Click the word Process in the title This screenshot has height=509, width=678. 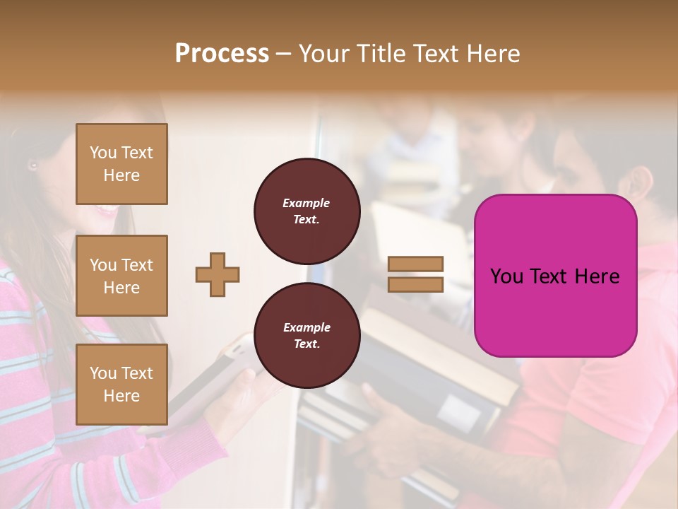coord(222,54)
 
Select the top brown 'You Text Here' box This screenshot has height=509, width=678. coord(121,164)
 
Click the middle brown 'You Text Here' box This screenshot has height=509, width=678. coord(121,276)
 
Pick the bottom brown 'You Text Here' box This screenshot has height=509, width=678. coord(121,384)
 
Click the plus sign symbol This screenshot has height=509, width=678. coord(218,274)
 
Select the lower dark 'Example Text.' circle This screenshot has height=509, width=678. coord(307,335)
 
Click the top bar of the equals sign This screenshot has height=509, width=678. coord(416,264)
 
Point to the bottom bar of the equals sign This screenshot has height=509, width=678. coord(416,285)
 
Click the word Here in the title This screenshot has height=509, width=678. coord(494,54)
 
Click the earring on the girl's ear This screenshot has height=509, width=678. coord(32,165)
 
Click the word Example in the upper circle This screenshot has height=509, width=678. coord(307,203)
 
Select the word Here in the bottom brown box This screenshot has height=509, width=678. coord(121,396)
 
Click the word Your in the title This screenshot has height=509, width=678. coord(324,54)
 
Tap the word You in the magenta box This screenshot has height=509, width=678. coord(506,276)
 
